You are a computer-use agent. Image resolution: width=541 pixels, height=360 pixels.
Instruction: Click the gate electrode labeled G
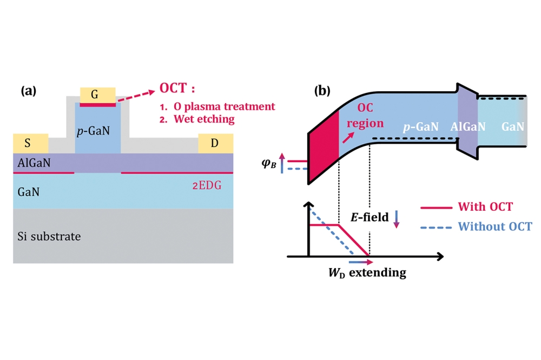click(97, 95)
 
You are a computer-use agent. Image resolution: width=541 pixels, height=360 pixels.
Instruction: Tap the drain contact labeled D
click(215, 144)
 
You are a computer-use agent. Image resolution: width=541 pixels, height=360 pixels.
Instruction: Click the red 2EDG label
click(207, 185)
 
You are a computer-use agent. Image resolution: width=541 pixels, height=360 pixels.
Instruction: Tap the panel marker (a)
click(29, 91)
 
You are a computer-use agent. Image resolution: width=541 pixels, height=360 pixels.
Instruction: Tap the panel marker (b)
click(323, 91)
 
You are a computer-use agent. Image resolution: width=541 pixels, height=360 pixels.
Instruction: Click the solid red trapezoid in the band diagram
click(322, 146)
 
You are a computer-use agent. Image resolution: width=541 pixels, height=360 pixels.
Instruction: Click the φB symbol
click(269, 162)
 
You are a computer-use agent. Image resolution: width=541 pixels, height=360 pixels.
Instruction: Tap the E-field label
click(369, 217)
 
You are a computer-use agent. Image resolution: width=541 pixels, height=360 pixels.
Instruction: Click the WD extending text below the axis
click(367, 272)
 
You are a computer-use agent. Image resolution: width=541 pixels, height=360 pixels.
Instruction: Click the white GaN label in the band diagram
click(512, 126)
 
